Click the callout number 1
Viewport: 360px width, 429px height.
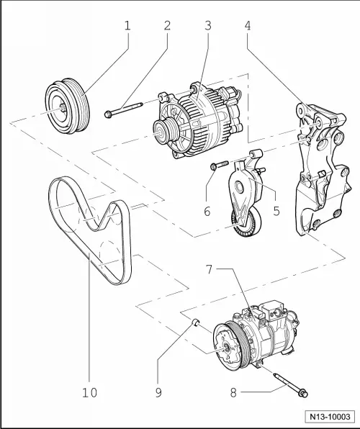127,26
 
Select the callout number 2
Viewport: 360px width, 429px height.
167,26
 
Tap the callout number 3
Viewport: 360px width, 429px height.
207,26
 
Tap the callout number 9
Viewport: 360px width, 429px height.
160,392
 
